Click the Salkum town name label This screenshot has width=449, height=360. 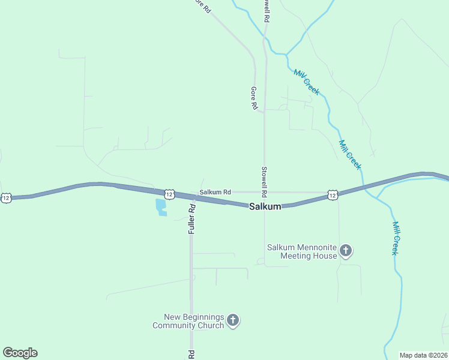pyautogui.click(x=265, y=206)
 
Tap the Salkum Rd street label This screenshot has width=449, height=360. pyautogui.click(x=215, y=192)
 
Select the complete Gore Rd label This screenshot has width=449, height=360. pyautogui.click(x=254, y=98)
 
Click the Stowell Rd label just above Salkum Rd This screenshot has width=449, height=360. pyautogui.click(x=263, y=182)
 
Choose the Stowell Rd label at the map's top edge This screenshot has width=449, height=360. pyautogui.click(x=266, y=11)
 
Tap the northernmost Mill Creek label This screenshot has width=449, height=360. pyautogui.click(x=307, y=82)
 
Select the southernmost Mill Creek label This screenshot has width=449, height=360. pyautogui.click(x=396, y=238)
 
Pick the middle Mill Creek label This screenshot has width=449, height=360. pyautogui.click(x=350, y=155)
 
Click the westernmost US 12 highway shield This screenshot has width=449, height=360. pyautogui.click(x=6, y=197)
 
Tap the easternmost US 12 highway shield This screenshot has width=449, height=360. pyautogui.click(x=333, y=194)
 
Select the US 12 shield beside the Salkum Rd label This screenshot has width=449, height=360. pyautogui.click(x=169, y=194)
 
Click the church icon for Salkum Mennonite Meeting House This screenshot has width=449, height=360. pyautogui.click(x=346, y=251)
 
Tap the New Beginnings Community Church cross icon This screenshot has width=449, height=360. pyautogui.click(x=233, y=321)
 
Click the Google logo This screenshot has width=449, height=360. pyautogui.click(x=20, y=353)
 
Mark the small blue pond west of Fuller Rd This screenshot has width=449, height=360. pyautogui.click(x=161, y=208)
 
